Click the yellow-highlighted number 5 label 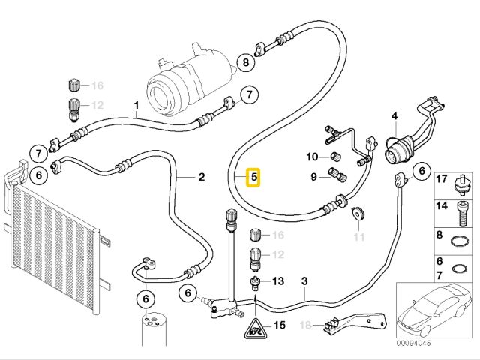[x=254, y=178]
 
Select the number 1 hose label [x=136, y=104]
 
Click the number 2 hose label [x=201, y=178]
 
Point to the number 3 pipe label [x=304, y=281]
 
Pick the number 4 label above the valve [x=394, y=116]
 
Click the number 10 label [x=313, y=157]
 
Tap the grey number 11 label [x=358, y=238]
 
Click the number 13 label [x=278, y=281]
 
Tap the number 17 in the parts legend [x=442, y=178]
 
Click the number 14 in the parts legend [x=442, y=205]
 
